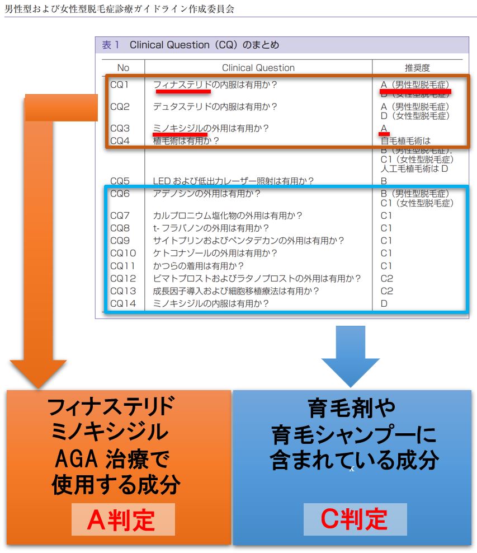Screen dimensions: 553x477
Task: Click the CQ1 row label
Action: tap(120, 86)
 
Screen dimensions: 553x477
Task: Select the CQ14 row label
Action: tap(122, 304)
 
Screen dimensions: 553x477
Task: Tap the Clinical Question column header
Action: tap(258, 68)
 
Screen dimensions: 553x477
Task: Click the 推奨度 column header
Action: tap(417, 68)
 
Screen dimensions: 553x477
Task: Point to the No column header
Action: tap(123, 68)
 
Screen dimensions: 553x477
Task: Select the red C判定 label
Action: tap(354, 519)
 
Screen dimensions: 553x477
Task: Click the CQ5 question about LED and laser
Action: tap(233, 181)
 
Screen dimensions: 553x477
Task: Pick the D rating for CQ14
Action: tap(384, 304)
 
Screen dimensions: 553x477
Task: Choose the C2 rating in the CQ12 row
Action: tap(387, 279)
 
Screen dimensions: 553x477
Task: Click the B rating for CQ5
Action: tap(384, 181)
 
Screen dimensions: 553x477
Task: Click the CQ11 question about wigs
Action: tap(198, 266)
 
